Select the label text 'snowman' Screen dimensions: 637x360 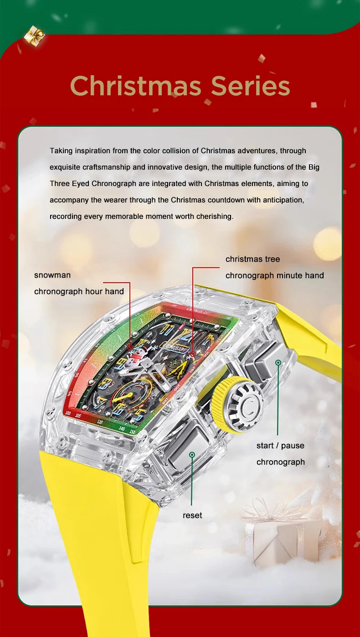click(52, 275)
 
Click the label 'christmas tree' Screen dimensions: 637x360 click(252, 259)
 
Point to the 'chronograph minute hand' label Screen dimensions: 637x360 click(274, 275)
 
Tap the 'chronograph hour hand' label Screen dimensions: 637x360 click(79, 291)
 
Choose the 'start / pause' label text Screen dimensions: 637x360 click(280, 445)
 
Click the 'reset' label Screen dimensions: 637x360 click(192, 515)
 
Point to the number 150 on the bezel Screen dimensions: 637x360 click(132, 431)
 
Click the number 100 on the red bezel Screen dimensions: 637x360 click(68, 412)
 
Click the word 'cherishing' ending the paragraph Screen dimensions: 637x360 click(215, 216)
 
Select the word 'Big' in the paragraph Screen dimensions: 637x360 click(314, 167)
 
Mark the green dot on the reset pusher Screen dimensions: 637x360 click(192, 455)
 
